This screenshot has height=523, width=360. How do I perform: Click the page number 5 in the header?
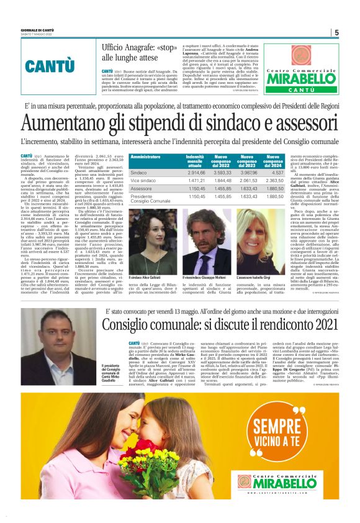pos(336,33)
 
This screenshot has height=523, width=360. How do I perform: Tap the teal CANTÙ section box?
pos(50,65)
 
